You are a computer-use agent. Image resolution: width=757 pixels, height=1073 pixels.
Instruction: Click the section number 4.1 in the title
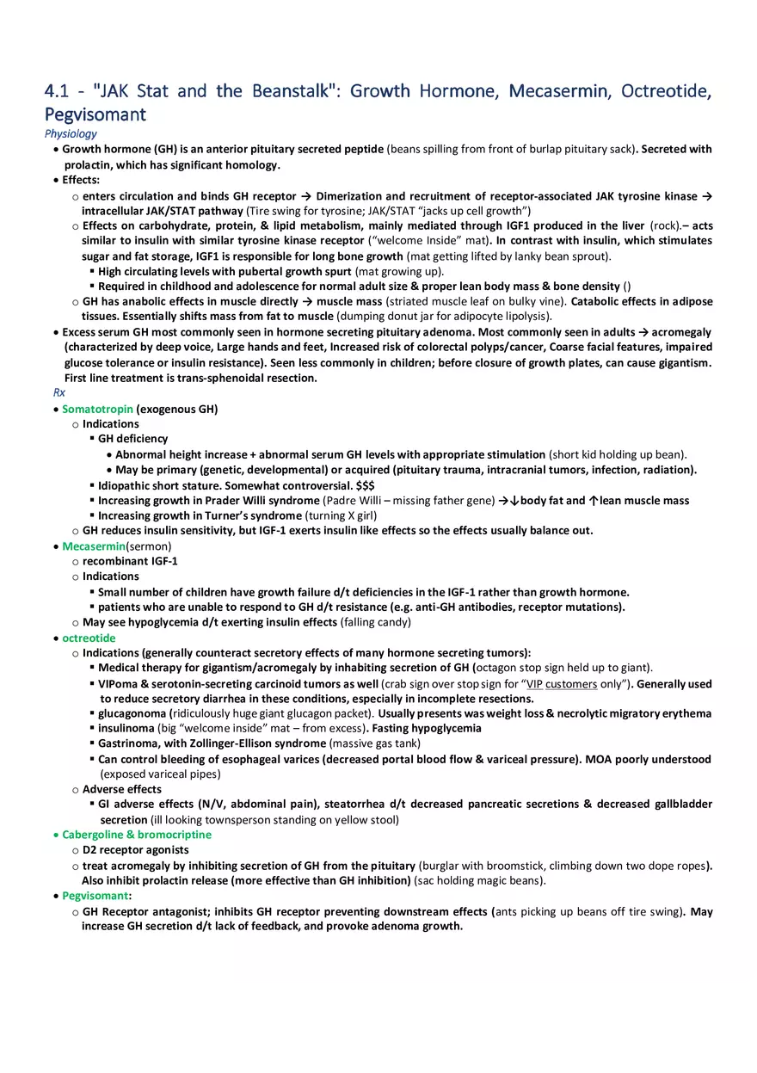56,91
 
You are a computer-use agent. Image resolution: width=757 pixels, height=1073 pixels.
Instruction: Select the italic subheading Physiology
71,133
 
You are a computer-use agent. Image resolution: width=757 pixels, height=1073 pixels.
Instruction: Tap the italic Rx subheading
58,392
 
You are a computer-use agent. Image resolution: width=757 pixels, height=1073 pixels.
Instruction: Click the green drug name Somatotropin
97,409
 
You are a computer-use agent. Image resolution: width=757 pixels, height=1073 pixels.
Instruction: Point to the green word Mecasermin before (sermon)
94,546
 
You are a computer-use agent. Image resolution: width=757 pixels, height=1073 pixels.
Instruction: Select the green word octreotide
89,638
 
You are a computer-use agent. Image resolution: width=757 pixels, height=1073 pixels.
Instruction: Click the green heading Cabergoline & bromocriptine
136,835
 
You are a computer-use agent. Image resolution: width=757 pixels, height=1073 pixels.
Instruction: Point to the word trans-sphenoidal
195,378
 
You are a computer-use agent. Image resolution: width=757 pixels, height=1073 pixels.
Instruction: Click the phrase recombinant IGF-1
130,561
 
